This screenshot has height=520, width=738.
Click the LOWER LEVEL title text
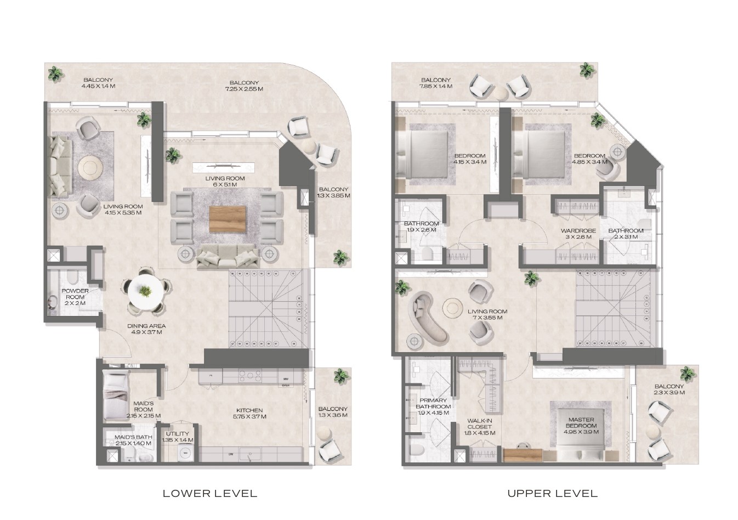point(209,493)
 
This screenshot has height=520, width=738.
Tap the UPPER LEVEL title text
point(552,493)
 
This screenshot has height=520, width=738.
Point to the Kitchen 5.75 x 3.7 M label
point(249,413)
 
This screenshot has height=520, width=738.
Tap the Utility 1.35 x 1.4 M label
point(177,437)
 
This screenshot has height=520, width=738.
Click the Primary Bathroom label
point(434,406)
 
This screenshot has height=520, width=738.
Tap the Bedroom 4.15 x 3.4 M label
point(470,159)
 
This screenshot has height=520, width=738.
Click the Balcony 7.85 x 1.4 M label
point(436,83)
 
